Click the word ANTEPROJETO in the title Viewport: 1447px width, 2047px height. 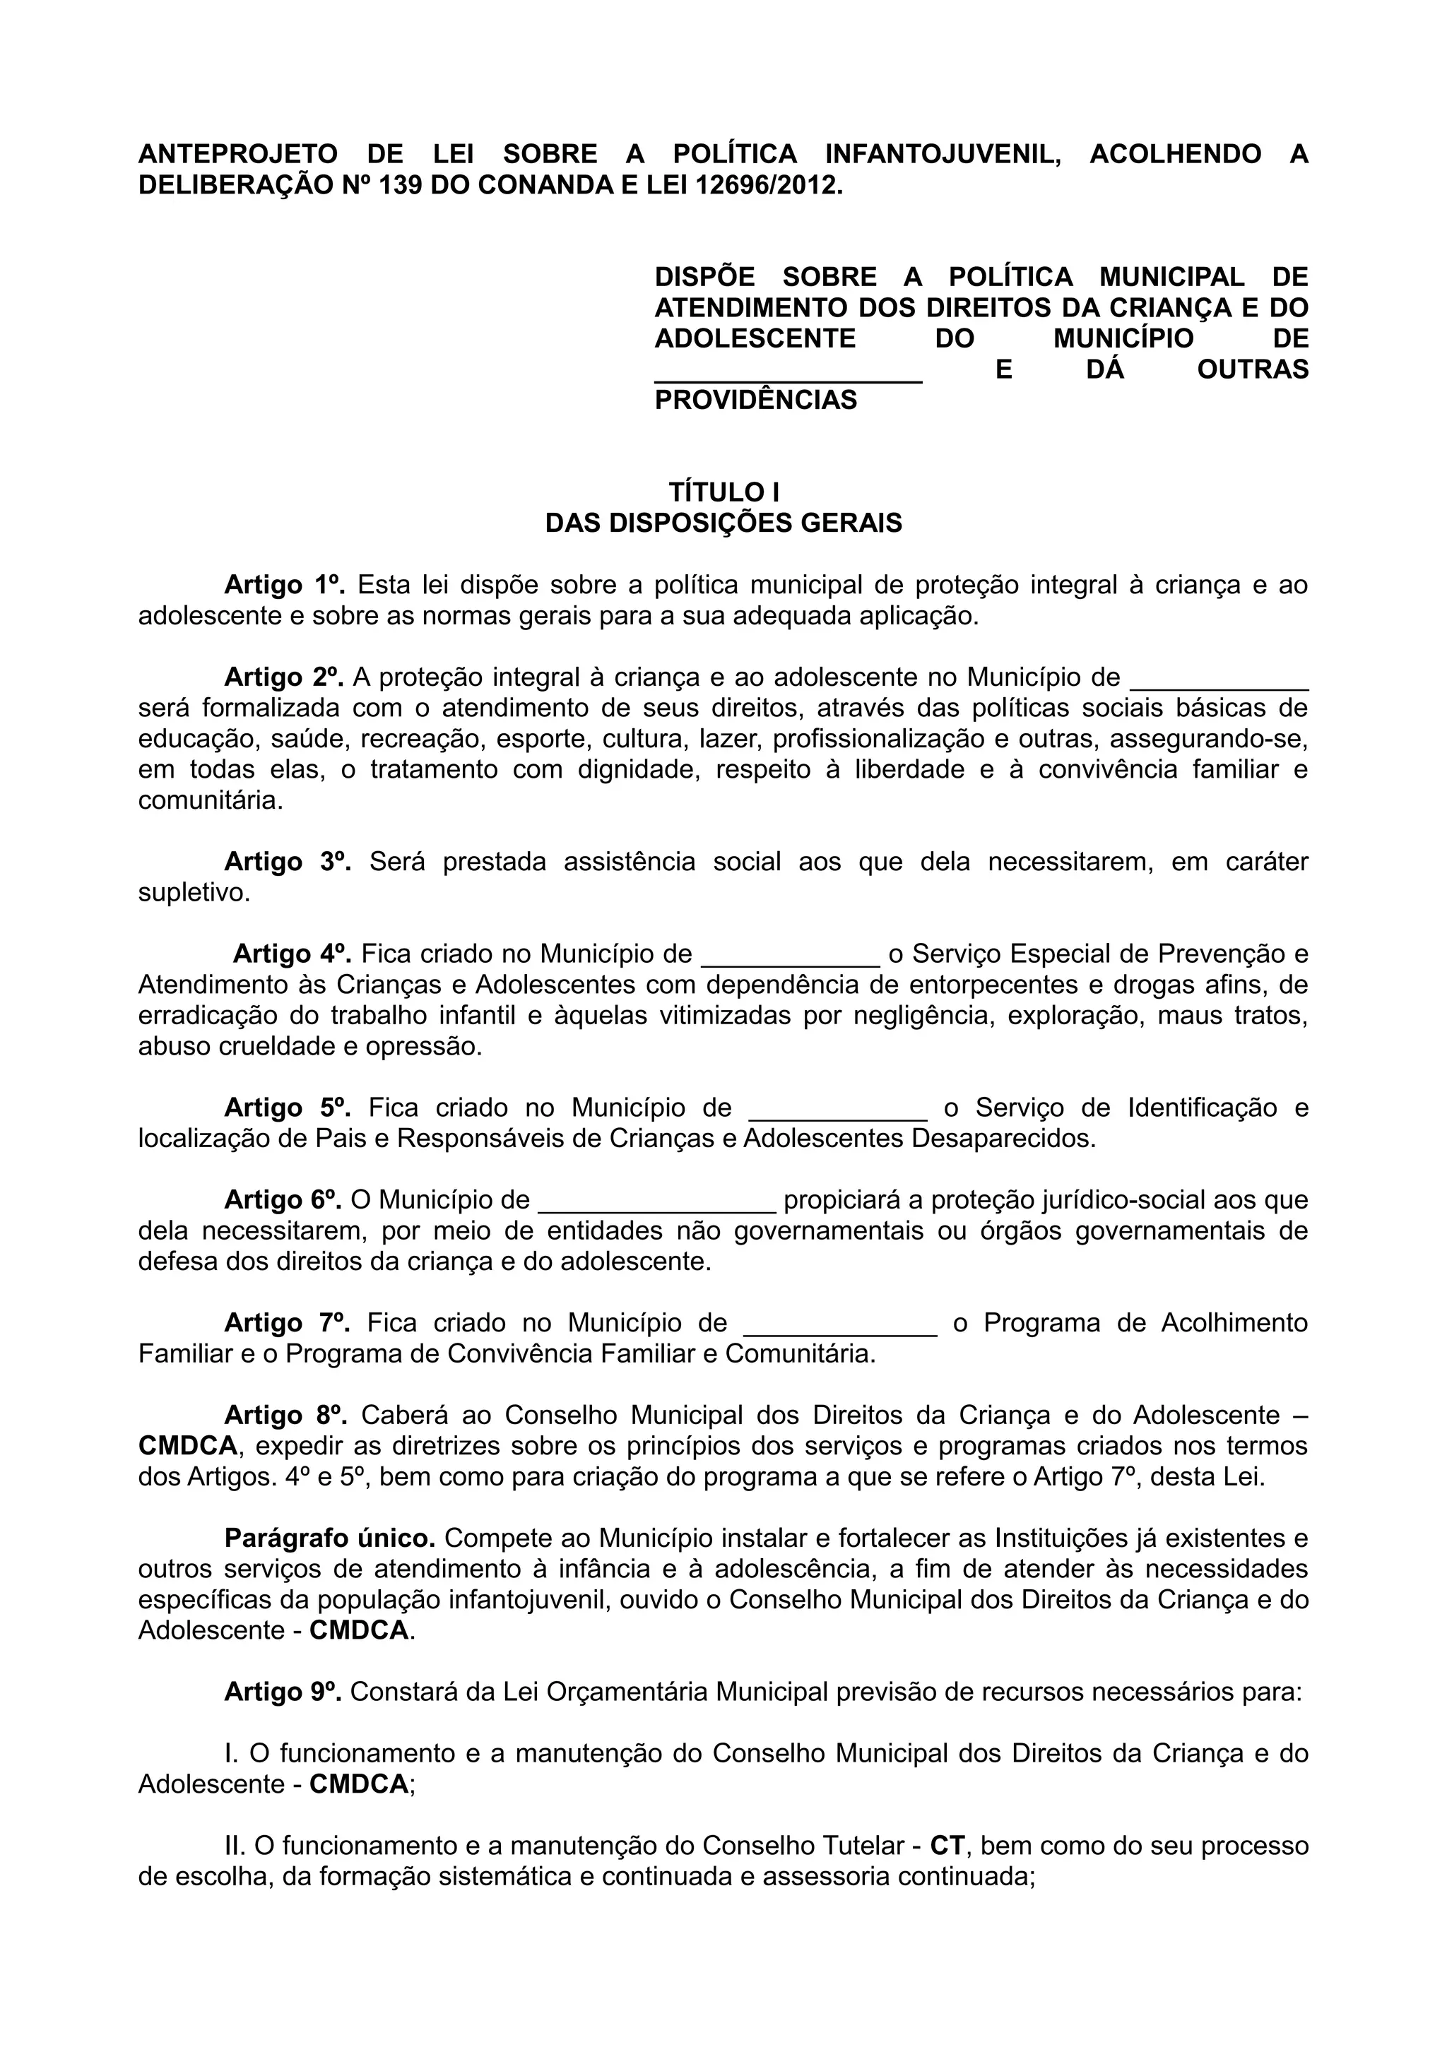[x=237, y=154]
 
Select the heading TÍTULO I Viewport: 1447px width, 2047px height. [x=724, y=492]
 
